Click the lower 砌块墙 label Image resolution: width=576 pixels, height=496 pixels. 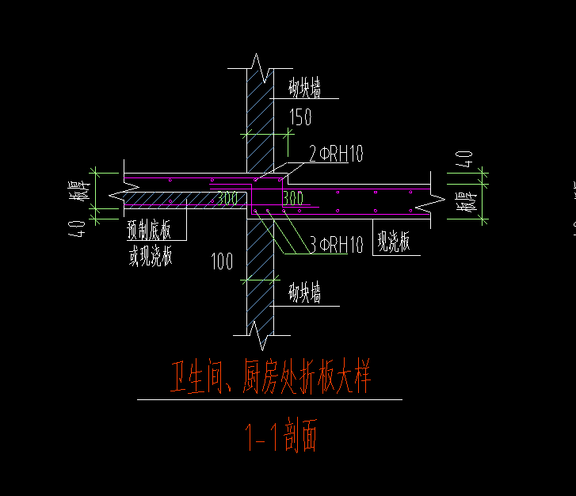tap(305, 295)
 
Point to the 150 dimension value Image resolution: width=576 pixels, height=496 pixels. tap(300, 117)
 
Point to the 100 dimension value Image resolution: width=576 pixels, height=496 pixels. tap(222, 260)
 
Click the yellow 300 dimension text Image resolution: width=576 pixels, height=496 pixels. tap(227, 198)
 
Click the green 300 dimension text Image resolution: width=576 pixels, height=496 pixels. tap(292, 197)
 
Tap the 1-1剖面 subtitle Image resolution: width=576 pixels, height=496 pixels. tap(280, 437)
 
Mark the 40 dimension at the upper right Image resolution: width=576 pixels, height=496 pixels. tap(466, 158)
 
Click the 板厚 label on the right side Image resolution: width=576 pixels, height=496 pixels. tap(466, 201)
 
